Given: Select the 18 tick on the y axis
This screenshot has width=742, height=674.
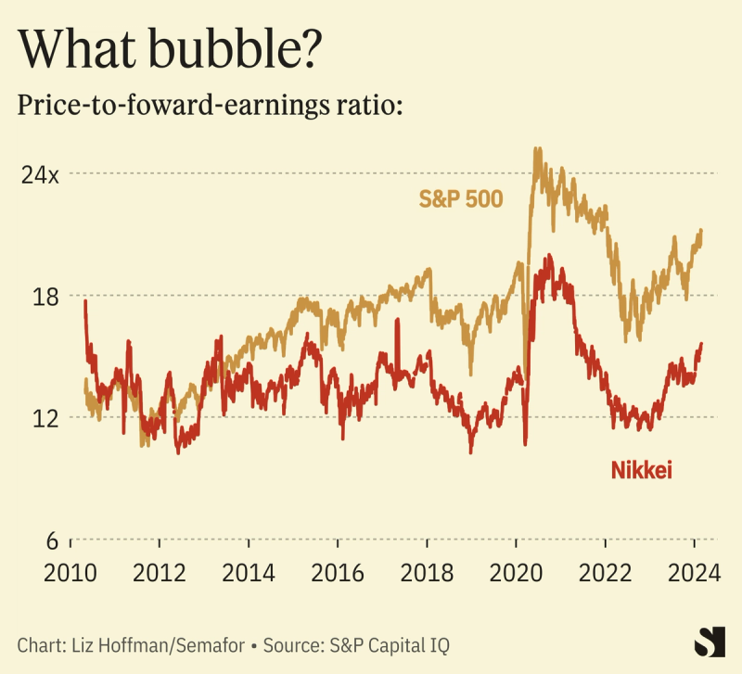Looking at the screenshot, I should tap(45, 297).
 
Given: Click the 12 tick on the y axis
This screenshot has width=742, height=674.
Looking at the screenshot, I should tap(45, 418).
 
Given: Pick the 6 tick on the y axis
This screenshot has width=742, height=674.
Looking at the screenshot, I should tap(52, 540).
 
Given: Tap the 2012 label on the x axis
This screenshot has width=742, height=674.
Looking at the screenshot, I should tap(160, 572).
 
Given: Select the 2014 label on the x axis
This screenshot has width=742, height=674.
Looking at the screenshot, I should tap(249, 572).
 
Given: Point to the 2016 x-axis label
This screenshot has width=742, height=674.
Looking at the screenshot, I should tap(338, 572).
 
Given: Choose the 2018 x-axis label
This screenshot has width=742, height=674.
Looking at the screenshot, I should tap(427, 572).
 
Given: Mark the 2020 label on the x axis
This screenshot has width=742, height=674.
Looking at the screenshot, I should tap(516, 572).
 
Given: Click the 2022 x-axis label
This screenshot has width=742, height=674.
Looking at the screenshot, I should tap(605, 572).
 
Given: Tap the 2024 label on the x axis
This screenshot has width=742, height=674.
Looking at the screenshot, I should tap(694, 572).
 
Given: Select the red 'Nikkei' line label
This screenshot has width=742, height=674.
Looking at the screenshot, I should tap(641, 471).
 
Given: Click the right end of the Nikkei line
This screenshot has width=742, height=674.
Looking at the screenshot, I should tap(701, 344).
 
